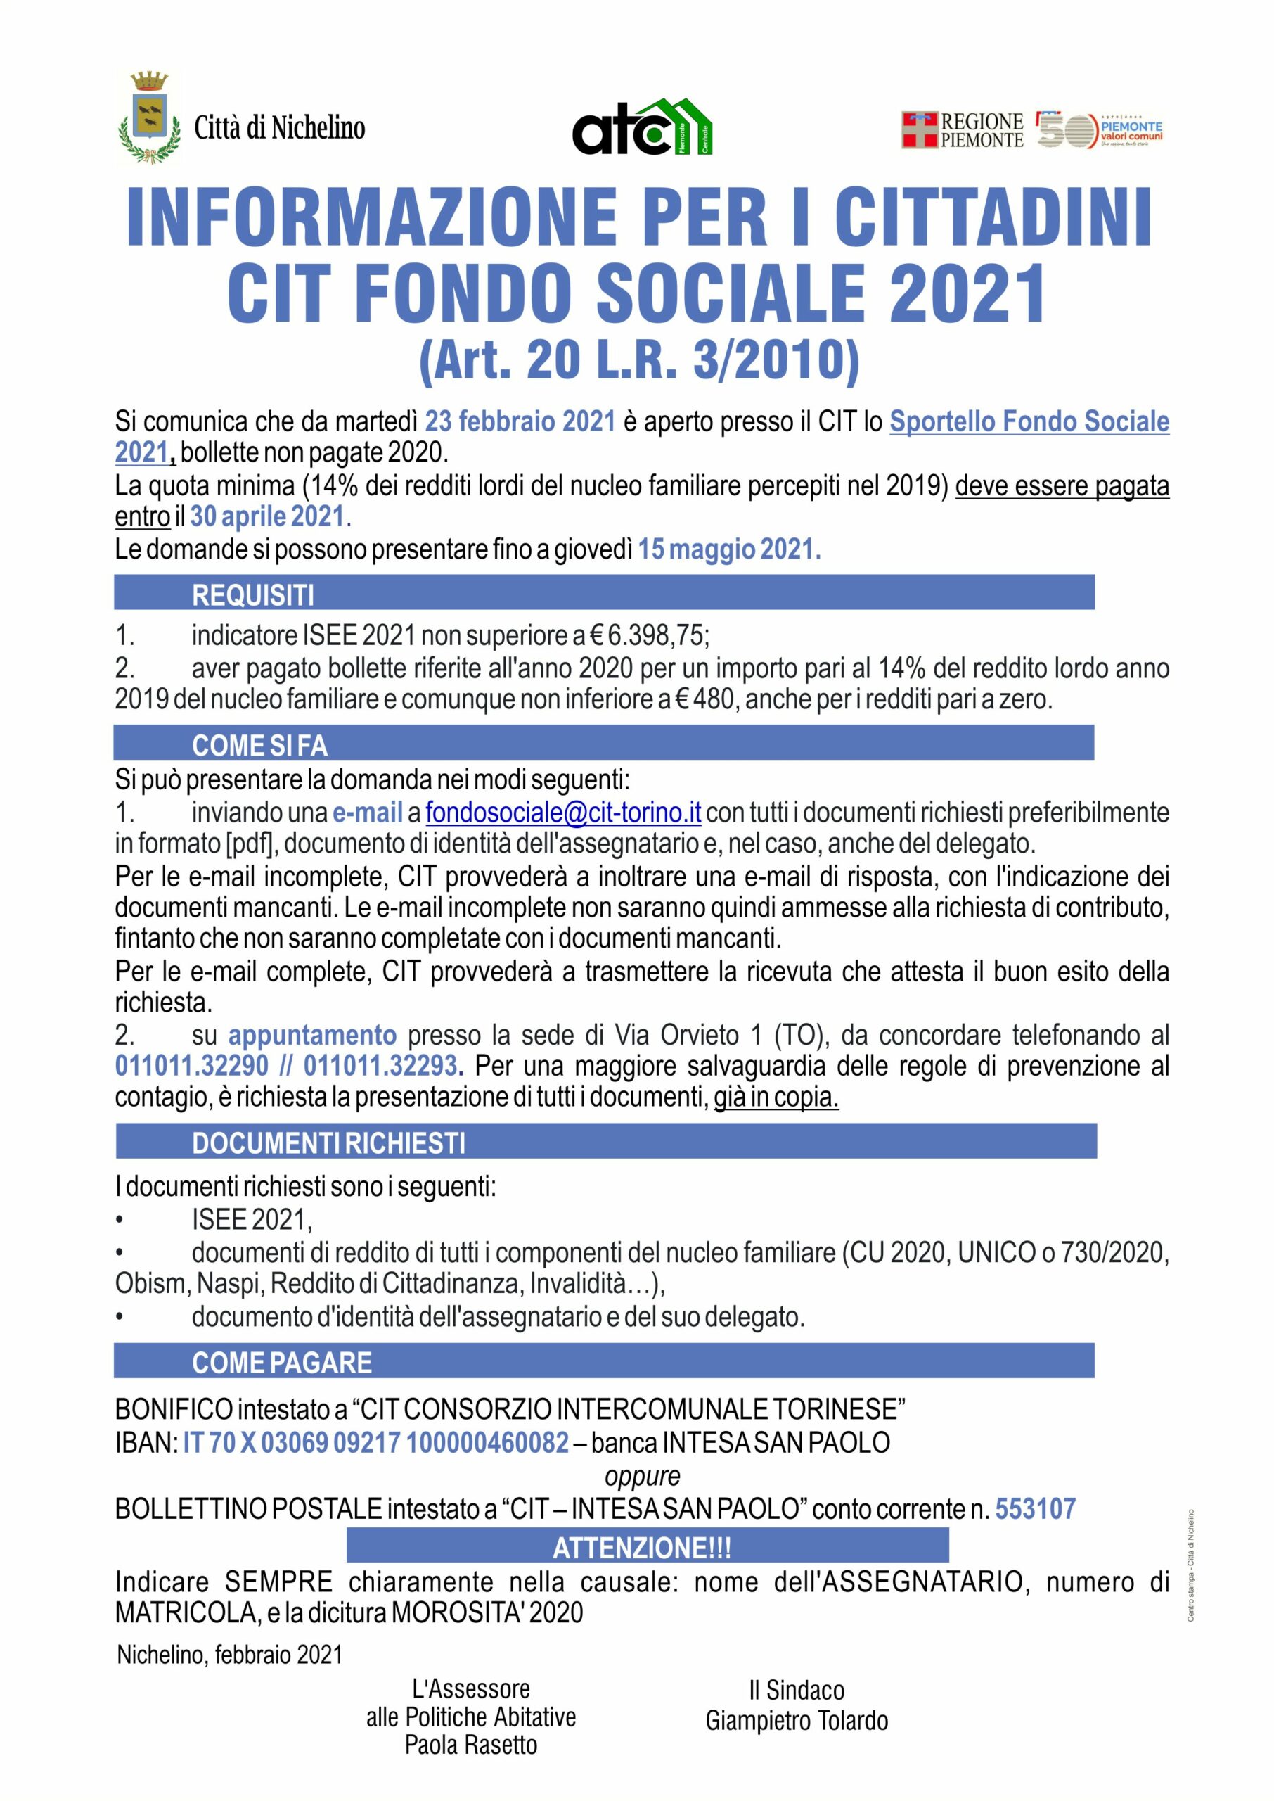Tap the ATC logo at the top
(642, 127)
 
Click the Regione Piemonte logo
(963, 130)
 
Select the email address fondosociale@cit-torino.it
(562, 813)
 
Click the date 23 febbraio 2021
(520, 421)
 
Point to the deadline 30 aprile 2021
(267, 516)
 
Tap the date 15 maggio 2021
(729, 549)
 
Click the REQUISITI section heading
(252, 595)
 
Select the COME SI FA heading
(259, 745)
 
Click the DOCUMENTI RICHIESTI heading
(329, 1143)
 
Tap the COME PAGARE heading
(282, 1363)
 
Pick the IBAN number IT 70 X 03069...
(375, 1442)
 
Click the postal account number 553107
(1035, 1508)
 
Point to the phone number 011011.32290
(191, 1066)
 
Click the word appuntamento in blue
(312, 1035)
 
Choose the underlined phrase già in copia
(776, 1097)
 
